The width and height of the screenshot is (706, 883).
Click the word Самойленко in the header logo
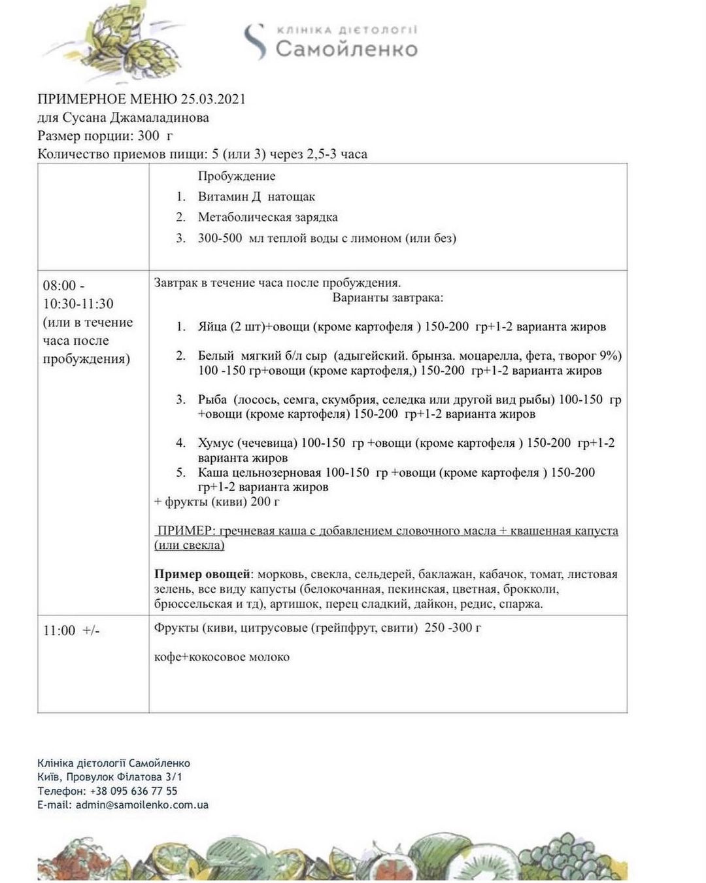(346, 49)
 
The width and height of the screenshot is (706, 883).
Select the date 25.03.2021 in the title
(213, 99)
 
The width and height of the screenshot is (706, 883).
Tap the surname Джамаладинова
(145, 118)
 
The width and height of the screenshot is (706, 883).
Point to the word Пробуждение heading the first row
(237, 176)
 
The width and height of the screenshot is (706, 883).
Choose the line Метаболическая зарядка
(267, 217)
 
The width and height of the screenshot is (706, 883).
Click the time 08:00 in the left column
(59, 286)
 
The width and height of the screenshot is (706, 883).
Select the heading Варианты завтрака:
(388, 298)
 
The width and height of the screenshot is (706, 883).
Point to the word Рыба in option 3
(212, 399)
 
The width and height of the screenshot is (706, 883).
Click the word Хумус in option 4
(216, 443)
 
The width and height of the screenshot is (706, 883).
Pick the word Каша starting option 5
(213, 472)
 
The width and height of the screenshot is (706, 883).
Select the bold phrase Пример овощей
(203, 574)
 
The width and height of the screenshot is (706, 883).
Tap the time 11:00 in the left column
(59, 631)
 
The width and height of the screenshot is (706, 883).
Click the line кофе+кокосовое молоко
(222, 657)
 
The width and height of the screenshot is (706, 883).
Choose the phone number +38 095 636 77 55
(133, 791)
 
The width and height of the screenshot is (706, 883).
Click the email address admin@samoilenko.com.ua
(142, 805)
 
